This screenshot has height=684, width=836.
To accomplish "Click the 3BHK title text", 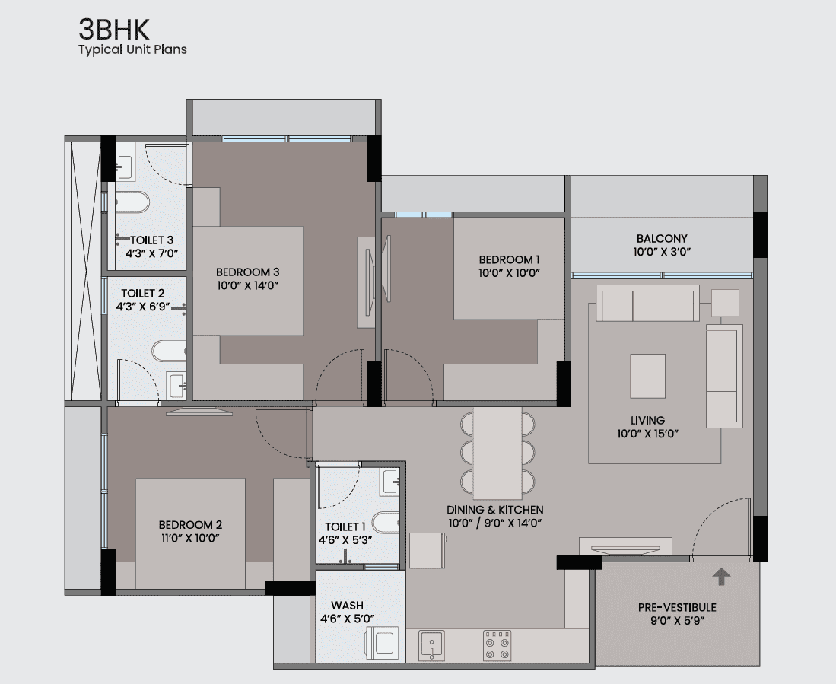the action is [x=113, y=30].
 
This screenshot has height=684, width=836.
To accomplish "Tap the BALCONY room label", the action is [x=662, y=238].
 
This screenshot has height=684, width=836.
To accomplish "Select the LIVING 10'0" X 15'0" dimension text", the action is [x=648, y=434].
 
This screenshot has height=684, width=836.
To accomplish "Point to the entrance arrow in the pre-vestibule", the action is [x=721, y=576].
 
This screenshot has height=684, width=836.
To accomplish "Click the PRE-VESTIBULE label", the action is [x=677, y=607].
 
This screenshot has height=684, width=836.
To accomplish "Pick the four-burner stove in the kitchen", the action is [x=497, y=646].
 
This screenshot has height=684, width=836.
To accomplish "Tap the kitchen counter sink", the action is [x=431, y=645].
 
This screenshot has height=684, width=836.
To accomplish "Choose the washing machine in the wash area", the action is [x=383, y=644].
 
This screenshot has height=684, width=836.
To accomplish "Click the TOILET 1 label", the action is [x=345, y=527].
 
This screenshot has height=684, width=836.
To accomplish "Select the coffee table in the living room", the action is [x=647, y=376].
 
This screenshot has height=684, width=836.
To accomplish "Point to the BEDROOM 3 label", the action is [x=247, y=272].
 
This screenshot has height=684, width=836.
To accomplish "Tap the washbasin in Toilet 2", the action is [x=176, y=385].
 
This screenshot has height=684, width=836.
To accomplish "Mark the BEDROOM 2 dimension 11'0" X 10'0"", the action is [x=190, y=538].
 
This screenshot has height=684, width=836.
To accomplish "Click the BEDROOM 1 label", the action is [x=509, y=259].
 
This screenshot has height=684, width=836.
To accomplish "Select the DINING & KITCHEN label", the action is [x=494, y=510].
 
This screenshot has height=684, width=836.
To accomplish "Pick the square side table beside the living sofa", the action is [x=725, y=303].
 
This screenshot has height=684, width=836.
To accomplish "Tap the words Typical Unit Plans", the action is [x=133, y=49].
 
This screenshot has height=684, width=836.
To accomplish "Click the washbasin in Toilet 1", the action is [x=390, y=482].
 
